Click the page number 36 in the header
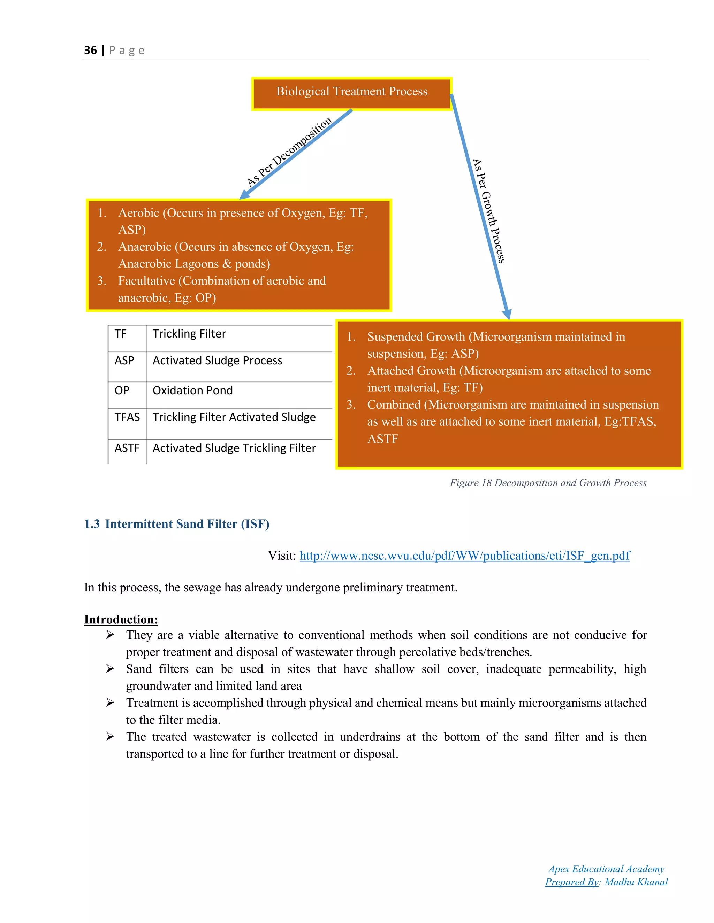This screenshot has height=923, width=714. [x=90, y=50]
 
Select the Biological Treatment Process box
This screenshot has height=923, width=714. [x=351, y=92]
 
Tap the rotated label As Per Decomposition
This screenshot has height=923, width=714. [x=289, y=152]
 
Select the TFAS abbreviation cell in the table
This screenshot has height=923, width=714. [x=127, y=418]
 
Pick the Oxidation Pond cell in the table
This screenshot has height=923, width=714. [x=192, y=390]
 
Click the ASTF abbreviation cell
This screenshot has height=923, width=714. [x=127, y=448]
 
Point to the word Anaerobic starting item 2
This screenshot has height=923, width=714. [x=145, y=247]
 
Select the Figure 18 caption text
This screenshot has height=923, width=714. [x=548, y=483]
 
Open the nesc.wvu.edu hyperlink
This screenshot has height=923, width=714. [x=464, y=556]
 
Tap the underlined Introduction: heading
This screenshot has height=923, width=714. [x=121, y=620]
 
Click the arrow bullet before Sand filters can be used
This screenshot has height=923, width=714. [x=110, y=669]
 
